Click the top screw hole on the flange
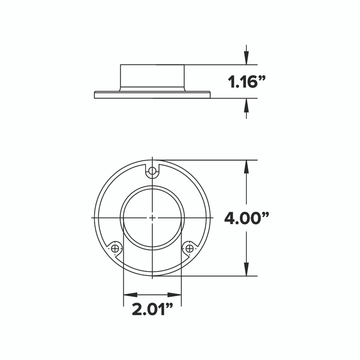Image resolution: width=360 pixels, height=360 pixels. coord(152,170)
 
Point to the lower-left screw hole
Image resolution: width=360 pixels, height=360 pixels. coord(115,248)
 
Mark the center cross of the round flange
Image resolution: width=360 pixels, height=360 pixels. coord(152,218)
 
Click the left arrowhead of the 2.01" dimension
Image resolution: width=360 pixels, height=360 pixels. coord(130,295)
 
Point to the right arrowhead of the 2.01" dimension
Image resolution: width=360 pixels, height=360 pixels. coord(174,295)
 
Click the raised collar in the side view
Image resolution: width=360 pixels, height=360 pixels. coord(152,77)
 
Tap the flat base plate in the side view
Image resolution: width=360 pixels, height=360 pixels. coord(152,95)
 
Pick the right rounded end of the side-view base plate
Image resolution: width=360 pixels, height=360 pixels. coord(210,95)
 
